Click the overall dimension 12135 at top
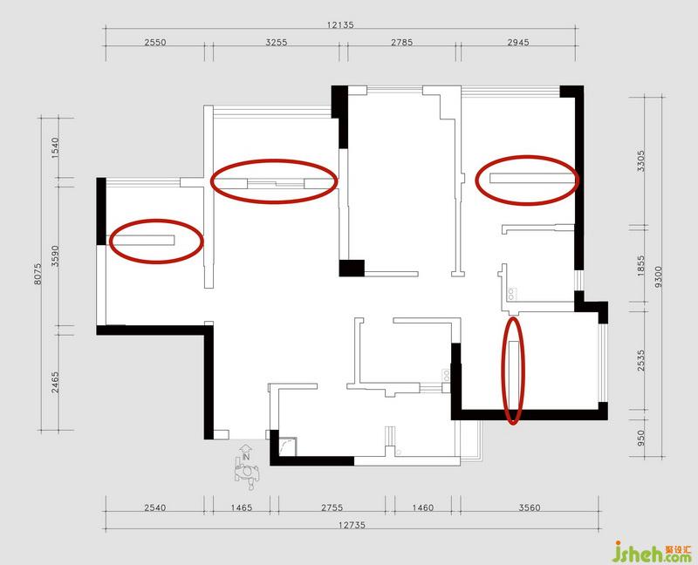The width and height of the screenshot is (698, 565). tap(340, 25)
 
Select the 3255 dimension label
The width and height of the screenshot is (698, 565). tap(277, 42)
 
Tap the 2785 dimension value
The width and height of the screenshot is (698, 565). tap(401, 42)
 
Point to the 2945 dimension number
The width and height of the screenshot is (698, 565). tap(518, 42)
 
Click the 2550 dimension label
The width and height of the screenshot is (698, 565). tap(155, 42)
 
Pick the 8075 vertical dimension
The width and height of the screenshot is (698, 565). tap(38, 274)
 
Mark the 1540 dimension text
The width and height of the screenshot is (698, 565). tap(55, 147)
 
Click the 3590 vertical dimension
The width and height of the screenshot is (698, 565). tap(55, 255)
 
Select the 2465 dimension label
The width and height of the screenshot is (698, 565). tap(55, 382)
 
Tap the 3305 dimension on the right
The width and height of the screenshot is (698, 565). tap(640, 161)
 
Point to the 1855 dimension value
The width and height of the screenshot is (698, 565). tap(640, 266)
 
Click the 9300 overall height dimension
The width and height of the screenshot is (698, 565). tap(659, 276)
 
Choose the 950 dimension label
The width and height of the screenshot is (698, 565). tap(640, 438)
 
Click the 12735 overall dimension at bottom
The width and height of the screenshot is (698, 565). tap(352, 525)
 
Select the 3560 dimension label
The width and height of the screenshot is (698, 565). tap(530, 507)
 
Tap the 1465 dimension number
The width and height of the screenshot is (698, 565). tap(242, 507)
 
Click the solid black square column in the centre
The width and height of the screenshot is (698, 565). tap(352, 269)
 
